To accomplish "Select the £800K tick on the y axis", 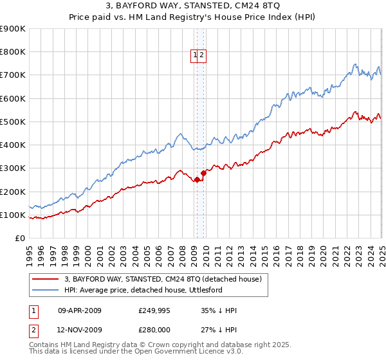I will [x=12, y=52].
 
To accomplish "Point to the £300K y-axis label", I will [x=12, y=168].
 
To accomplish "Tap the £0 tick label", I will [x=19, y=239].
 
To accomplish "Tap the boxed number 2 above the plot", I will [x=201, y=56].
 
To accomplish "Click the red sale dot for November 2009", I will [x=204, y=172].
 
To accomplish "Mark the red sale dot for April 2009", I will [x=197, y=179].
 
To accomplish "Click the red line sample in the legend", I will [x=46, y=280].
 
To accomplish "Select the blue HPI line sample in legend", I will [x=46, y=290].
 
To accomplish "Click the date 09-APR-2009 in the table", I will [x=80, y=310].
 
